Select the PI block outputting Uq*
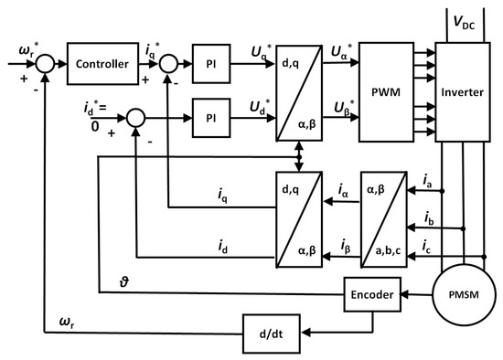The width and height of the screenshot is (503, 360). tap(206, 66)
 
